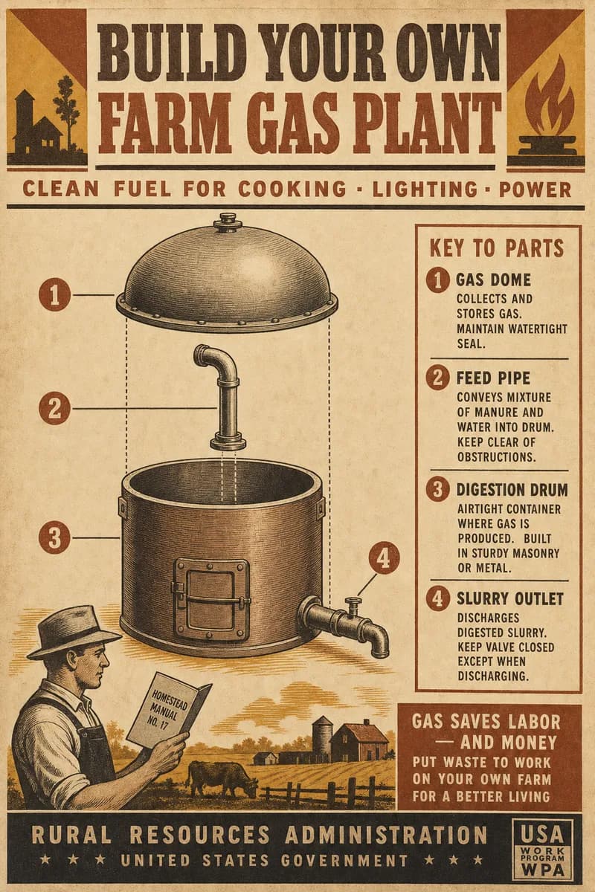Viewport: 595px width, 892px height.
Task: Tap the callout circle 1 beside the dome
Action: [x=54, y=296]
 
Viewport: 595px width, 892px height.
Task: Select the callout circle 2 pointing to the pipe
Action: [x=54, y=409]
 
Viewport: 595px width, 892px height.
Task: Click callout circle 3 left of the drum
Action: [x=54, y=537]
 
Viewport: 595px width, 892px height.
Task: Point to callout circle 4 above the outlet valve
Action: [x=383, y=559]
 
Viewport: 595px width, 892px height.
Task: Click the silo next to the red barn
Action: [x=322, y=734]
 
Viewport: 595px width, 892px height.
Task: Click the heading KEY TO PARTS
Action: [x=497, y=248]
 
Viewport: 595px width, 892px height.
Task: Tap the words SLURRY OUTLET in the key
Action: [x=509, y=599]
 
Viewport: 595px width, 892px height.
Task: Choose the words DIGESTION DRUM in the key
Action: [x=512, y=490]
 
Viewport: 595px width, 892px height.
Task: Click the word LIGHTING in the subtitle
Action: [x=425, y=189]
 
